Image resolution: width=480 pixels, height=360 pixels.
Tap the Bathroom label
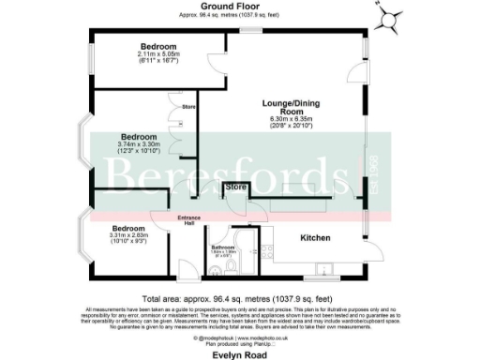click(222, 247)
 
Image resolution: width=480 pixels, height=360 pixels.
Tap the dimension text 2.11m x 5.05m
click(157, 53)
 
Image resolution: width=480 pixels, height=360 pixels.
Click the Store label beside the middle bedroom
click(188, 106)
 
